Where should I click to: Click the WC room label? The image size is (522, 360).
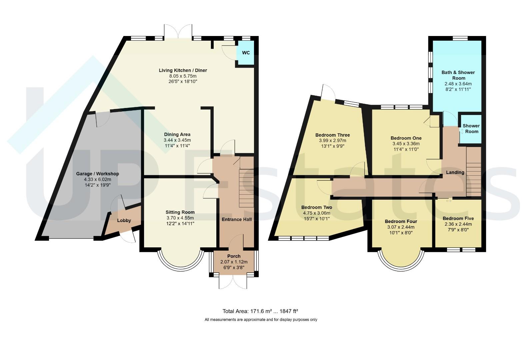pyautogui.click(x=246, y=53)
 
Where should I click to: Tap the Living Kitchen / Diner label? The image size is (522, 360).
pyautogui.click(x=183, y=70)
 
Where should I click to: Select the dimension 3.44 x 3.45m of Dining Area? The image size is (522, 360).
pyautogui.click(x=177, y=140)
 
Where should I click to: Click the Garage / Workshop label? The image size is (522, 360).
pyautogui.click(x=97, y=174)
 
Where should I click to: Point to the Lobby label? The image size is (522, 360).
pyautogui.click(x=124, y=220)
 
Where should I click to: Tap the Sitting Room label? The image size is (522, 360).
pyautogui.click(x=180, y=212)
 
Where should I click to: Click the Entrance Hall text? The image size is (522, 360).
pyautogui.click(x=237, y=219)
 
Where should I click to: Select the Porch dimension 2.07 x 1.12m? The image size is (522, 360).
pyautogui.click(x=234, y=262)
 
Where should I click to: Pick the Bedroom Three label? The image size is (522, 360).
pyautogui.click(x=333, y=135)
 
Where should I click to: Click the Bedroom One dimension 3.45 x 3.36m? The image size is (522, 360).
pyautogui.click(x=406, y=144)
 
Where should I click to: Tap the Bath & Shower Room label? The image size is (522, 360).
pyautogui.click(x=458, y=75)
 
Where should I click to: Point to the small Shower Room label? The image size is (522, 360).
pyautogui.click(x=471, y=129)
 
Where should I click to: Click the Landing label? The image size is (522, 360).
pyautogui.click(x=455, y=172)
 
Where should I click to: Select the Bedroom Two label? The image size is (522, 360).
pyautogui.click(x=317, y=207)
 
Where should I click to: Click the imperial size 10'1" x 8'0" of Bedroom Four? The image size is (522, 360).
pyautogui.click(x=401, y=233)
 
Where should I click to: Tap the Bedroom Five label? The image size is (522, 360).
pyautogui.click(x=458, y=218)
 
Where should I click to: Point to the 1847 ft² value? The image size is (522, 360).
pyautogui.click(x=289, y=311)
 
